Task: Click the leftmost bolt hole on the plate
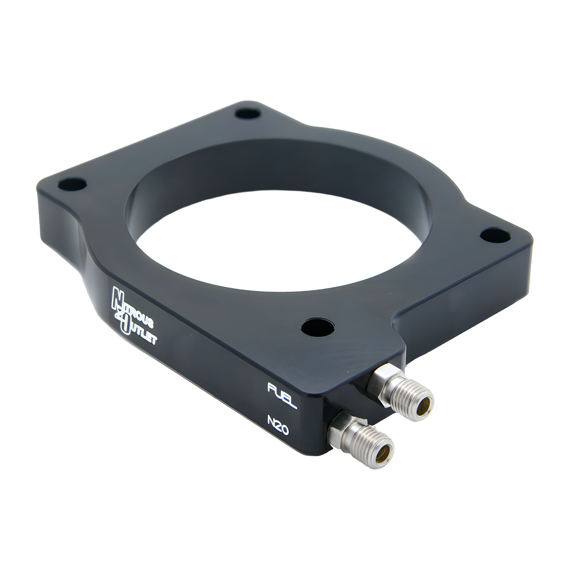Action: (73, 184)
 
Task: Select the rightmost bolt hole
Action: (494, 234)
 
